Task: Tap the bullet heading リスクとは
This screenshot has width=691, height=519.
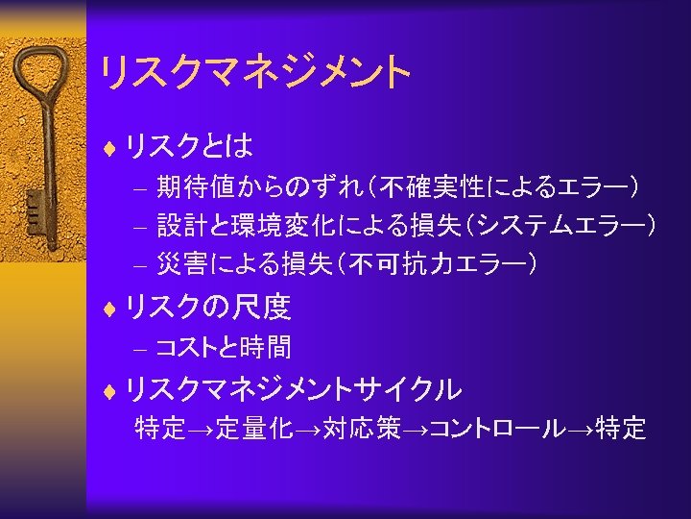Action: point(189,146)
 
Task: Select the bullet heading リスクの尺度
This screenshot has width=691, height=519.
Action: point(207,307)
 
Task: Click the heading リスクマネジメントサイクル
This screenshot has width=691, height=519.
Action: point(293,389)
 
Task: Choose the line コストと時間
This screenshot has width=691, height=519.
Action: point(223,347)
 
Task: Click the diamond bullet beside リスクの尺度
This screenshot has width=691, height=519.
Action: point(110,308)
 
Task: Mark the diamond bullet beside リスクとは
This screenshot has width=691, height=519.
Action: point(110,147)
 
